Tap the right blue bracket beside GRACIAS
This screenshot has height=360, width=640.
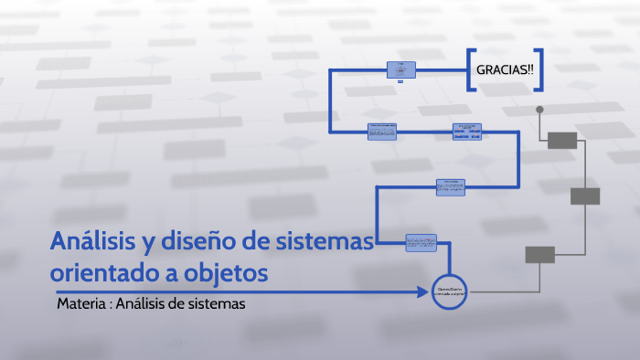[x=540, y=69]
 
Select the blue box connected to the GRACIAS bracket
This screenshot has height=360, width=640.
[x=400, y=69]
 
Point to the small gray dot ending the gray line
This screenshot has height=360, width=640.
[x=539, y=110]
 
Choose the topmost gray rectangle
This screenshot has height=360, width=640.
[x=561, y=140]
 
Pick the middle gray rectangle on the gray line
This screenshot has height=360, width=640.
[x=585, y=196]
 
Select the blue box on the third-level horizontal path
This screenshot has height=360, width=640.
[x=450, y=186]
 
